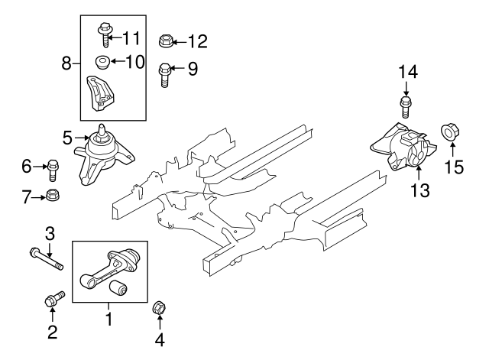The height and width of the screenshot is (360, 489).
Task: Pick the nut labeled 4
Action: coord(160,308)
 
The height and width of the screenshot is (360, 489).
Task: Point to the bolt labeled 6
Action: coord(53,166)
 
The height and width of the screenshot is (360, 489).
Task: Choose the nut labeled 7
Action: coord(54,197)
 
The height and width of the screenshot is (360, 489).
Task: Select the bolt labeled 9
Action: coord(163,73)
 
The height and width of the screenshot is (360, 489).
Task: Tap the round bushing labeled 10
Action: coord(99,62)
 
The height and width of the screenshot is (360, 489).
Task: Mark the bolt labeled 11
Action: coord(103,34)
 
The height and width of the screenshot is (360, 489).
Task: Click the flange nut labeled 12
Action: coord(166,40)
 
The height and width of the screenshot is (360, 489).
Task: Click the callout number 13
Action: coord(419,188)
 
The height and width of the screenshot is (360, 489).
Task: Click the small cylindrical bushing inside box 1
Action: coord(119,288)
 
